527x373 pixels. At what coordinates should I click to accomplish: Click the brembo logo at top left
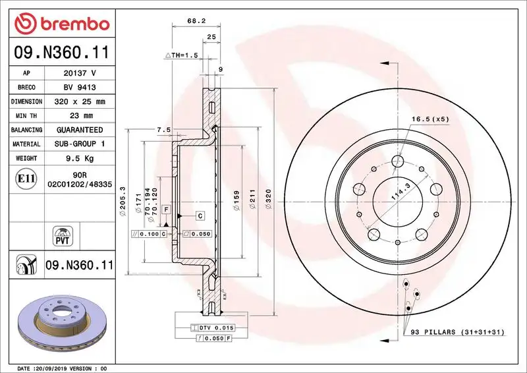pyautogui.click(x=61, y=24)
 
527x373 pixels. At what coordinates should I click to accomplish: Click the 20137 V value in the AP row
pyautogui.click(x=80, y=73)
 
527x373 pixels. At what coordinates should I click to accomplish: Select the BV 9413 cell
pyautogui.click(x=80, y=88)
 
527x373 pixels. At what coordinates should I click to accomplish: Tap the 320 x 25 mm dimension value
pyautogui.click(x=80, y=102)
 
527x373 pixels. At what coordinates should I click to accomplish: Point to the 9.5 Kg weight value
pyautogui.click(x=80, y=158)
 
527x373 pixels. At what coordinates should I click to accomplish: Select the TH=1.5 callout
pyautogui.click(x=181, y=55)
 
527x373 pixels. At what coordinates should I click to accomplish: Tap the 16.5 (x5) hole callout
pyautogui.click(x=430, y=119)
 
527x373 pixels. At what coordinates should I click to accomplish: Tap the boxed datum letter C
pyautogui.click(x=200, y=215)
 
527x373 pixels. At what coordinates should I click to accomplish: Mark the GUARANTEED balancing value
pyautogui.click(x=80, y=130)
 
